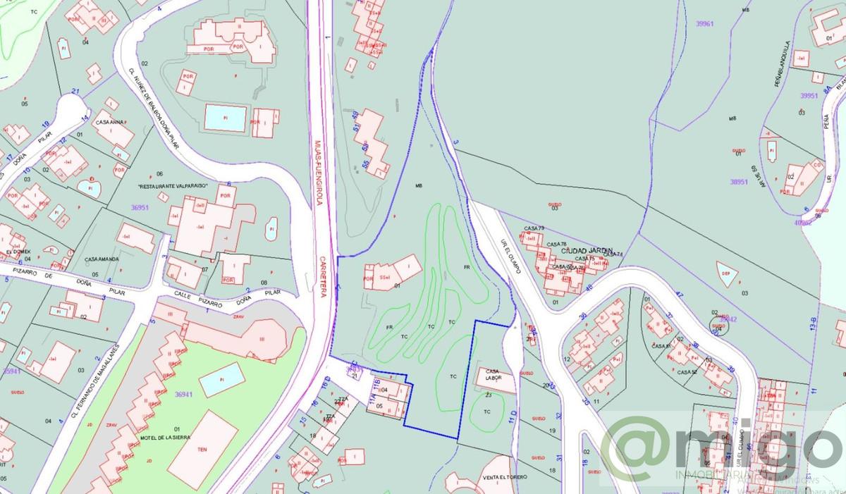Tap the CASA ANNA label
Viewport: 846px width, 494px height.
pos(109,122)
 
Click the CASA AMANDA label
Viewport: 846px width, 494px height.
pos(102,259)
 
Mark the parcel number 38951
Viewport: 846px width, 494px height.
pos(738,182)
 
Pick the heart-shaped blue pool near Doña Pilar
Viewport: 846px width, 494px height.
pos(90,187)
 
